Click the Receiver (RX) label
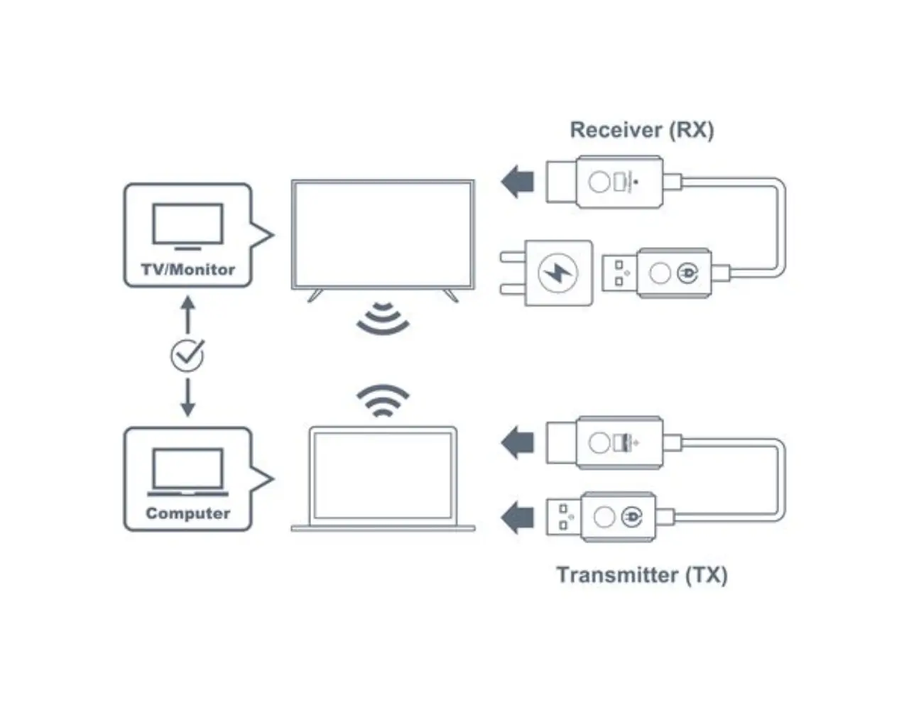(x=641, y=130)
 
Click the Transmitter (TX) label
(x=641, y=574)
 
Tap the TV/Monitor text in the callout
(x=187, y=270)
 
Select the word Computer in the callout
(x=187, y=513)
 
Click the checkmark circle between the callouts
(x=187, y=355)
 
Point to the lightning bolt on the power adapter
(x=558, y=273)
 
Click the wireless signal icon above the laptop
(x=383, y=400)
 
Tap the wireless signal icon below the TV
(x=383, y=319)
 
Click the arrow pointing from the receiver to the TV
(x=517, y=182)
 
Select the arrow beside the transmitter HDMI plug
(x=517, y=443)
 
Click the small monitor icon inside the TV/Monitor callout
(x=187, y=226)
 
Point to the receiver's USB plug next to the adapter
(x=619, y=273)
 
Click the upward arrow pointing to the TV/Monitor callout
(x=187, y=312)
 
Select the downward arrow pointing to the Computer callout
(x=187, y=399)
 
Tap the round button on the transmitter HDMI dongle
(x=598, y=443)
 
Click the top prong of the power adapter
(x=511, y=256)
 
